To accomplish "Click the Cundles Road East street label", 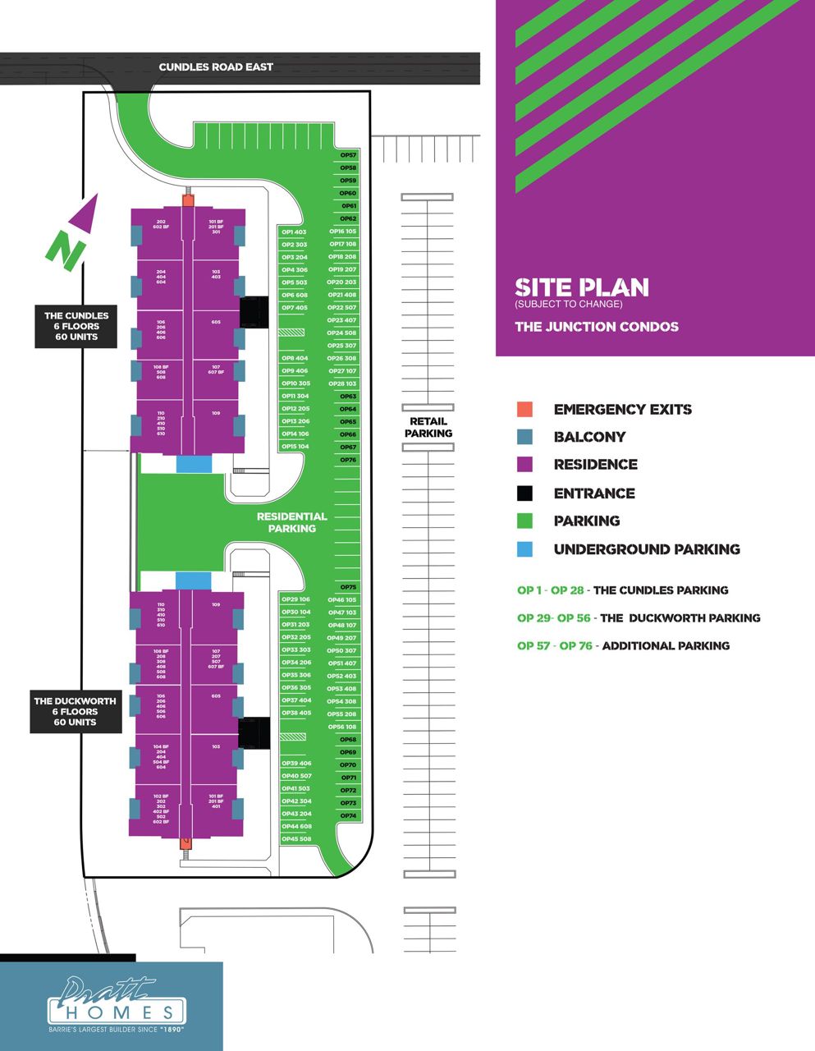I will click(x=216, y=67).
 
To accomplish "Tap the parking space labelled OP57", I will click(x=348, y=155).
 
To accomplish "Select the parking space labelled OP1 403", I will click(x=293, y=232).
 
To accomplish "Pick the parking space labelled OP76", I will click(x=348, y=460).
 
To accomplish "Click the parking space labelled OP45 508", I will click(x=295, y=839).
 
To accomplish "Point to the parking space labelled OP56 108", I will click(x=341, y=727).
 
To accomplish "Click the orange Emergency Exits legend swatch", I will click(x=524, y=410).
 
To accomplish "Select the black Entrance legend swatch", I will click(x=524, y=493).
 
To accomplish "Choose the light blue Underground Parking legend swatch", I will click(x=524, y=549).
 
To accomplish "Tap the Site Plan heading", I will click(x=581, y=287).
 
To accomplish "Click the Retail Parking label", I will click(x=428, y=427).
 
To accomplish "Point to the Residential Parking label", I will click(x=292, y=522).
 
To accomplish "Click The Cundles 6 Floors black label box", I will click(x=76, y=326).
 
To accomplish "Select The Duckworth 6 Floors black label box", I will click(x=75, y=711).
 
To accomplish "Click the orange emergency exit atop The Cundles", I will click(x=188, y=200).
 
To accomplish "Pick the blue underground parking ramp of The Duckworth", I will click(x=194, y=581).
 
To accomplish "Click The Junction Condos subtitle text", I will click(x=596, y=327).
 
